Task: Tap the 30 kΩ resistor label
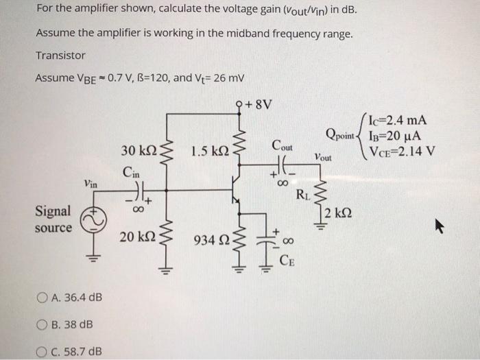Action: pyautogui.click(x=136, y=151)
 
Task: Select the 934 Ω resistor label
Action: pyautogui.click(x=211, y=240)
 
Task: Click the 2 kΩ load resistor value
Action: pyautogui.click(x=339, y=212)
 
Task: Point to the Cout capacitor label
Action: pyautogui.click(x=282, y=146)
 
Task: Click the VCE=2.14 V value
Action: pyautogui.click(x=402, y=152)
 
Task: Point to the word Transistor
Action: pyautogui.click(x=60, y=56)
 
